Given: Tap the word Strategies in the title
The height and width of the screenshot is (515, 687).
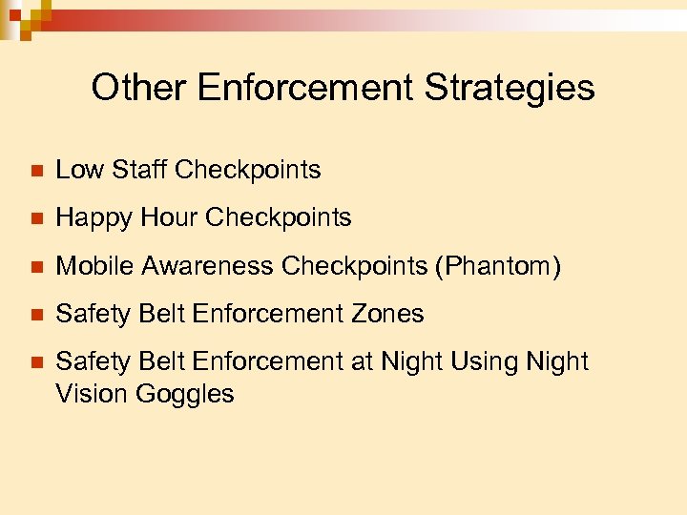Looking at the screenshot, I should click(510, 88).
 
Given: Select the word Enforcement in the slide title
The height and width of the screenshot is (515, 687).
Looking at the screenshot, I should click(306, 88).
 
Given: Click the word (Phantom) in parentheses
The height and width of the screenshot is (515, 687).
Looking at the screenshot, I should click(498, 266).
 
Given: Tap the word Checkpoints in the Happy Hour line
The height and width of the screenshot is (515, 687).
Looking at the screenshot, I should click(279, 218).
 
